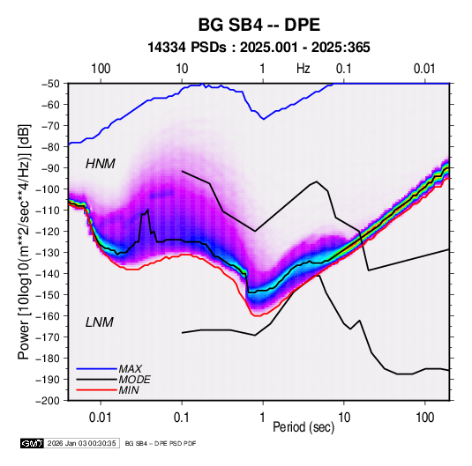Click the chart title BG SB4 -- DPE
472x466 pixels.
point(258,25)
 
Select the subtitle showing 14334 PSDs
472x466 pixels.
point(258,48)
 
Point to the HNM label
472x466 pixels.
point(101,164)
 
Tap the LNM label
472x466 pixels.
point(100,322)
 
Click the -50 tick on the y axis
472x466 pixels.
point(51,84)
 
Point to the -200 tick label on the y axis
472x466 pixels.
point(49,401)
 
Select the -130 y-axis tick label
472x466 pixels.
point(49,252)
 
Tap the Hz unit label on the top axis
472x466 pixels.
point(303,69)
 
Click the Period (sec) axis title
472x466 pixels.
point(303,427)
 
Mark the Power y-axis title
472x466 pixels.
point(24,241)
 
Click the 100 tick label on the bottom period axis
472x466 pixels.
point(424,418)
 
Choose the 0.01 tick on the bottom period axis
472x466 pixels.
point(101,418)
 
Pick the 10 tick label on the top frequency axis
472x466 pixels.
point(182,69)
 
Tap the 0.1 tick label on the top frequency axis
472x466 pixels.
point(344,69)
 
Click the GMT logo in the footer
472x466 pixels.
point(33,443)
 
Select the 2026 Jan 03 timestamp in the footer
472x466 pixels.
point(81,443)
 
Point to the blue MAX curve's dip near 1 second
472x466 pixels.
point(264,119)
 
